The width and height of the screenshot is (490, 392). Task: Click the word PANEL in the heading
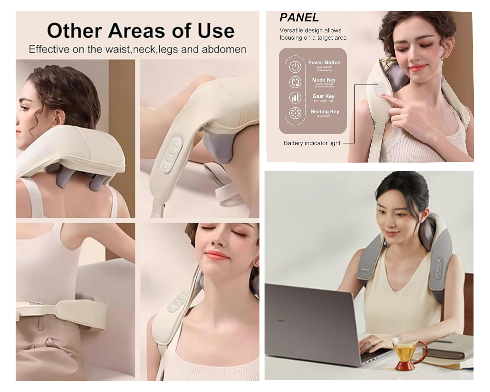299,18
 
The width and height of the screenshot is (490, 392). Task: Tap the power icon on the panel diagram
295,67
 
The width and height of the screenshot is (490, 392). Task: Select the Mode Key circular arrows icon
295,82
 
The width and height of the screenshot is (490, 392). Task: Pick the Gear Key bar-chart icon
295,98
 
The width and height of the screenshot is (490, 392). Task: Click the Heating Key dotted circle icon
295,113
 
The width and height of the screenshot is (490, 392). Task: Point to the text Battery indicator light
312,143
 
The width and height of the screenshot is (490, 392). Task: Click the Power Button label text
324,62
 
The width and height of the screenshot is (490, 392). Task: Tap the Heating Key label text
325,112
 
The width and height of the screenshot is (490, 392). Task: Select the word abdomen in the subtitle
224,50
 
